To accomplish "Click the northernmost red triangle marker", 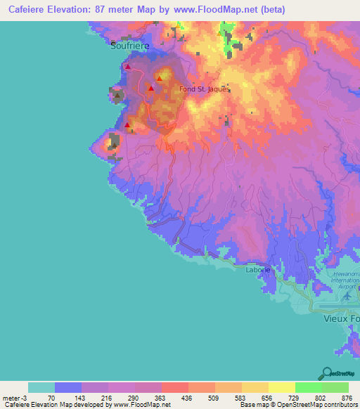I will click(x=127, y=66).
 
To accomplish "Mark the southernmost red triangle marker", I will click(x=127, y=125).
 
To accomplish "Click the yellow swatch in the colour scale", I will click(x=282, y=387).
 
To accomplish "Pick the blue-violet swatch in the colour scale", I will click(x=68, y=387).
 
